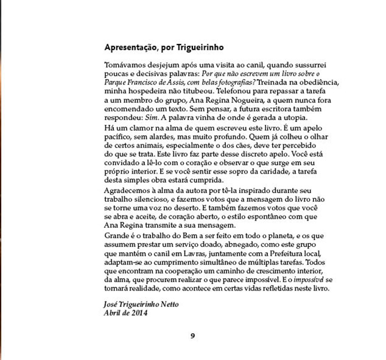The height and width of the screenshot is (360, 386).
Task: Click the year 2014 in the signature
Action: point(139,312)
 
